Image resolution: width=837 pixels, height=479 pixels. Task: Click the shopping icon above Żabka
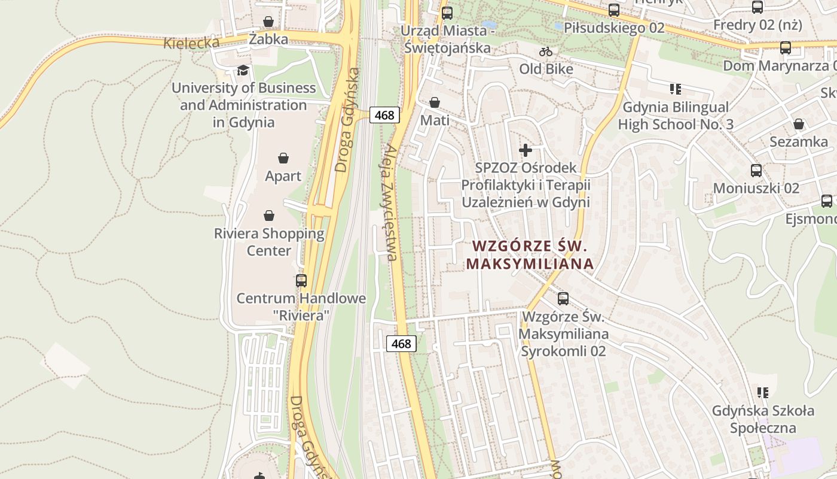[x=268, y=22]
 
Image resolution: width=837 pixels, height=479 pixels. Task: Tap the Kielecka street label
[x=191, y=43]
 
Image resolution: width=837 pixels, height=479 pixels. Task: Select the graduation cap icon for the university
[x=242, y=70]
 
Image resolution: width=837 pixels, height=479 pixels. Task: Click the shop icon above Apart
[x=283, y=158]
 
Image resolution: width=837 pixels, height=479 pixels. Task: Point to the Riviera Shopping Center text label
[x=269, y=242]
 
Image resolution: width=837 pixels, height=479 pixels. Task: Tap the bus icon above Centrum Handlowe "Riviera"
[x=301, y=280]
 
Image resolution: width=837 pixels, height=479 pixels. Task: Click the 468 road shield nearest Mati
[x=384, y=115]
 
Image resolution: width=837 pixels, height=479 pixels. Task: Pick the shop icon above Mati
[x=435, y=102]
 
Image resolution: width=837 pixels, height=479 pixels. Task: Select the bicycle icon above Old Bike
[x=545, y=51]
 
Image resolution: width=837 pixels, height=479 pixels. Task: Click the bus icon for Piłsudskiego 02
[x=613, y=10]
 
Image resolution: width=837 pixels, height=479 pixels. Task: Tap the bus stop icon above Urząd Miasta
[x=447, y=13]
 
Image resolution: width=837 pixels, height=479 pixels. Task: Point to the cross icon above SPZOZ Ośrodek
[x=526, y=150]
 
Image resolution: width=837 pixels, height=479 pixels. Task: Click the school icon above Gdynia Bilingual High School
[x=676, y=90]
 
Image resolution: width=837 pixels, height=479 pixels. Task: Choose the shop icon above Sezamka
[x=799, y=124]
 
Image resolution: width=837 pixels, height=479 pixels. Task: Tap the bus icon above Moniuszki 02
[x=756, y=170]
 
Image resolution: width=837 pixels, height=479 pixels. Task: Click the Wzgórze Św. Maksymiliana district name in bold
[x=530, y=254]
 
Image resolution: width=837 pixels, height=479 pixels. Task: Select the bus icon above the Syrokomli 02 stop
[x=563, y=298]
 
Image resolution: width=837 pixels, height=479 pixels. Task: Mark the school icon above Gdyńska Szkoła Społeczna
[x=762, y=393]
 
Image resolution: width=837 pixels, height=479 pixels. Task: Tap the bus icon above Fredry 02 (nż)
[x=757, y=7]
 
